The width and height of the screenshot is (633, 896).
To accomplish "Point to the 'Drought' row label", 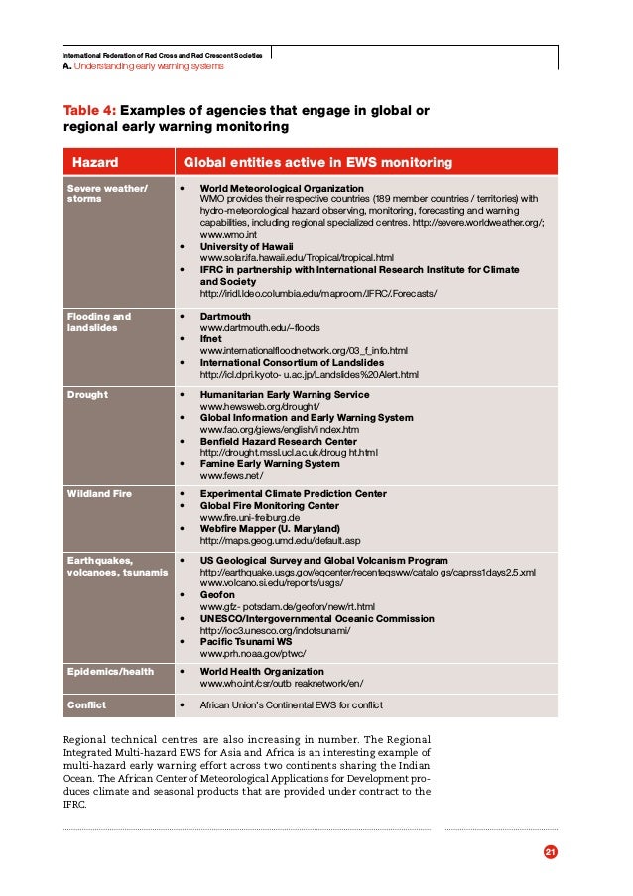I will pos(87,394).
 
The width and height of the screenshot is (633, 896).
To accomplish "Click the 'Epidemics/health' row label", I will pos(110,671).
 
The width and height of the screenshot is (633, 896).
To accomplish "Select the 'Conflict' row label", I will pos(87,704).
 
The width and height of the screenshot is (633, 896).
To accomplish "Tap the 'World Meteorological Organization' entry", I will pos(281,188).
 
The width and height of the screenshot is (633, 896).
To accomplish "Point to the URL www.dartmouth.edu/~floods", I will pos(260,327).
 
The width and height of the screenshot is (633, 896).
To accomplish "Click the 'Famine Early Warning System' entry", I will pos(269,463).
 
